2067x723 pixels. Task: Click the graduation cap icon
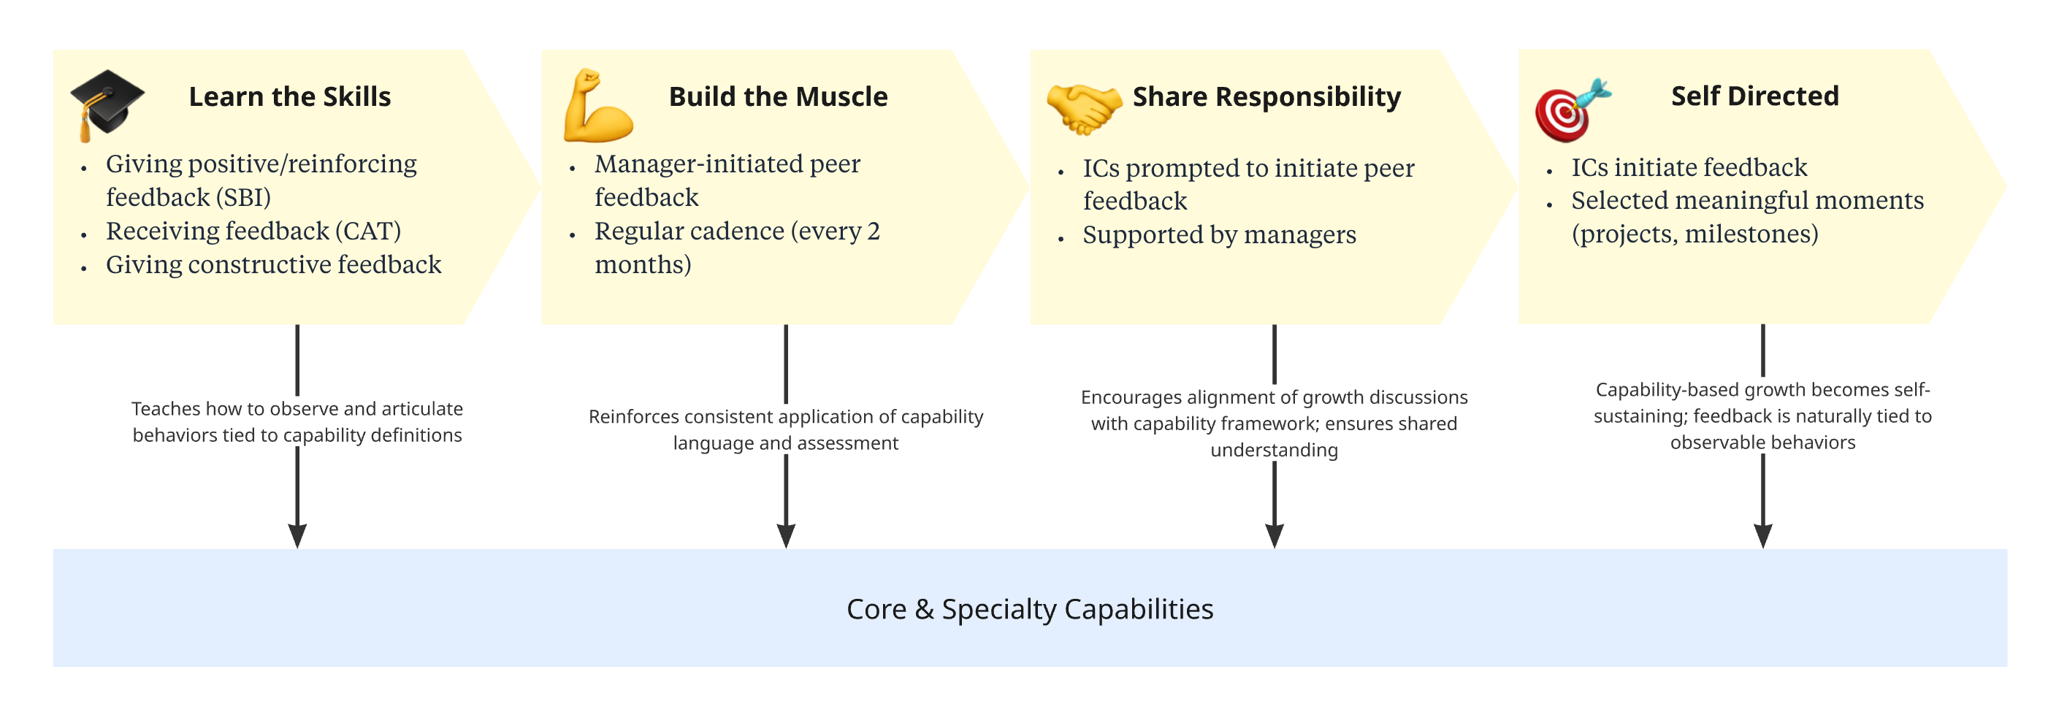point(106,104)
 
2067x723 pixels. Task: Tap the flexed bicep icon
point(597,105)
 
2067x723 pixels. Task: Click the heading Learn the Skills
point(290,96)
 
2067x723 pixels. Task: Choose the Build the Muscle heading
point(778,96)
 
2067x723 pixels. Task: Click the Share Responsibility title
point(1266,96)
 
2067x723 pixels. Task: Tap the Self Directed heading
point(1754,96)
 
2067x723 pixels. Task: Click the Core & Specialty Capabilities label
point(1030,609)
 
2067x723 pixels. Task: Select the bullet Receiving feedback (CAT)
point(253,231)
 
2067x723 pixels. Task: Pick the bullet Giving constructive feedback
point(273,265)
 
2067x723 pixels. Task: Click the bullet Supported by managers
point(1218,235)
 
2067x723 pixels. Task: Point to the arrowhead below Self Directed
point(1762,535)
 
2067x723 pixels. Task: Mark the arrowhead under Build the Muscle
point(786,535)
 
